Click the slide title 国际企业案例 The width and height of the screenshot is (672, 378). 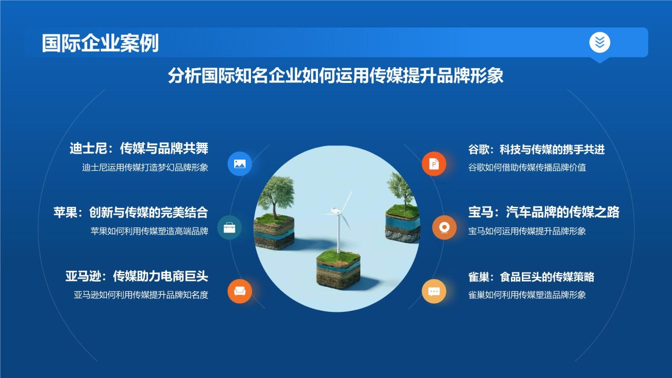[x=100, y=43]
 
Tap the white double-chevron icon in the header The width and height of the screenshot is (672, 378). [x=600, y=42]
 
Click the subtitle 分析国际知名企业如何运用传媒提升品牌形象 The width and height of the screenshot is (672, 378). [x=335, y=76]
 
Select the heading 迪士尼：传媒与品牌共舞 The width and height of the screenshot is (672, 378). [x=139, y=149]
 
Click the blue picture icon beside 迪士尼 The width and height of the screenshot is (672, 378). [x=240, y=163]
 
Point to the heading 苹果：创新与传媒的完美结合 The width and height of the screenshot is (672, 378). [x=131, y=212]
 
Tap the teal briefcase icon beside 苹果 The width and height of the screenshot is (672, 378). [x=229, y=227]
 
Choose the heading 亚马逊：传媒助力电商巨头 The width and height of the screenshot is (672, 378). [x=136, y=276]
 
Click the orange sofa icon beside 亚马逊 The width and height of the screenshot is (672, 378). [x=240, y=291]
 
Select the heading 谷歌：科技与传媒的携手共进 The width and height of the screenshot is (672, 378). [x=537, y=150]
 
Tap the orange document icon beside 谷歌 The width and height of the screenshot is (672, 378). [x=434, y=164]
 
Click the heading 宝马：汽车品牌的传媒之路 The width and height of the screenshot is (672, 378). [x=544, y=212]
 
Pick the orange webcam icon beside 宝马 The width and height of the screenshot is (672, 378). [x=444, y=227]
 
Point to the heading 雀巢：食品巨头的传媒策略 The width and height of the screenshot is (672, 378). [x=531, y=277]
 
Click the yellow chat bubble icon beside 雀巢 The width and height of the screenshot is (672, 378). [x=434, y=291]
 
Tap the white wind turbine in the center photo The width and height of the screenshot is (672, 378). [x=338, y=220]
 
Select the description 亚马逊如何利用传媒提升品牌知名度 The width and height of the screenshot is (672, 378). [x=141, y=295]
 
